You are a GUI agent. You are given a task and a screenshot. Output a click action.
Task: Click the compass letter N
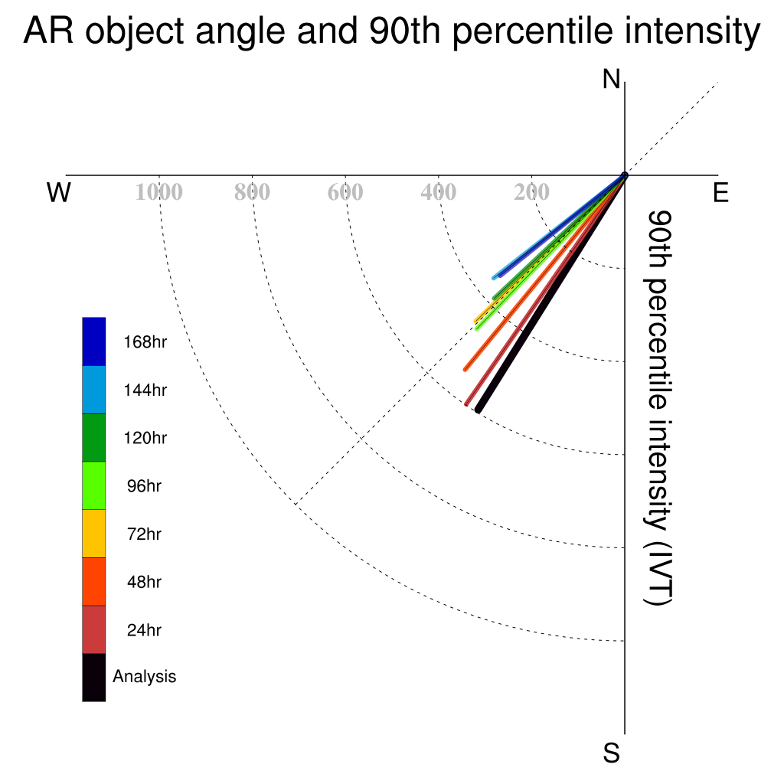[x=611, y=80]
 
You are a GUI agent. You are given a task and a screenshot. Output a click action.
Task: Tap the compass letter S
[x=612, y=753]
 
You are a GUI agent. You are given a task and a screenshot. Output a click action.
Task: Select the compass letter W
[x=59, y=192]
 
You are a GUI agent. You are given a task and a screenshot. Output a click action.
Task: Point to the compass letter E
[x=720, y=192]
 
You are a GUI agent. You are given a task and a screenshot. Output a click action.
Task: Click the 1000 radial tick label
[x=159, y=192]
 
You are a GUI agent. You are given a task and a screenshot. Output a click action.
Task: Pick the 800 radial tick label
[x=252, y=192]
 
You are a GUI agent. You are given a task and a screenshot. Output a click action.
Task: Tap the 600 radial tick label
[x=345, y=192]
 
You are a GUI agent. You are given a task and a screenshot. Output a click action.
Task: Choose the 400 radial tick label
[x=439, y=192]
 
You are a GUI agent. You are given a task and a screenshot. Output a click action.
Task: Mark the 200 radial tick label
[x=531, y=192]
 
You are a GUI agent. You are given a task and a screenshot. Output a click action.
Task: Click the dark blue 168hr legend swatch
[x=94, y=341]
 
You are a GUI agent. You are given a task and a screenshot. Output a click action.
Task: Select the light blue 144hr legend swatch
[x=94, y=390]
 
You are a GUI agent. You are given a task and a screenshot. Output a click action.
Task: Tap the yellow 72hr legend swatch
[x=94, y=534]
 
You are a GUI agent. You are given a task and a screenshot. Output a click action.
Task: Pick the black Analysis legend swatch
[x=94, y=678]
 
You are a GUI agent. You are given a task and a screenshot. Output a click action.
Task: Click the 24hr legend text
[x=144, y=630]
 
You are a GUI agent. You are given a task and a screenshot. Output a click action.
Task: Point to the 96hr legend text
[x=144, y=486]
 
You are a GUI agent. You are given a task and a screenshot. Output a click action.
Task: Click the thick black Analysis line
[x=551, y=293]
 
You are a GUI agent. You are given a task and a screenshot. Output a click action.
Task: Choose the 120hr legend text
[x=145, y=438]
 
